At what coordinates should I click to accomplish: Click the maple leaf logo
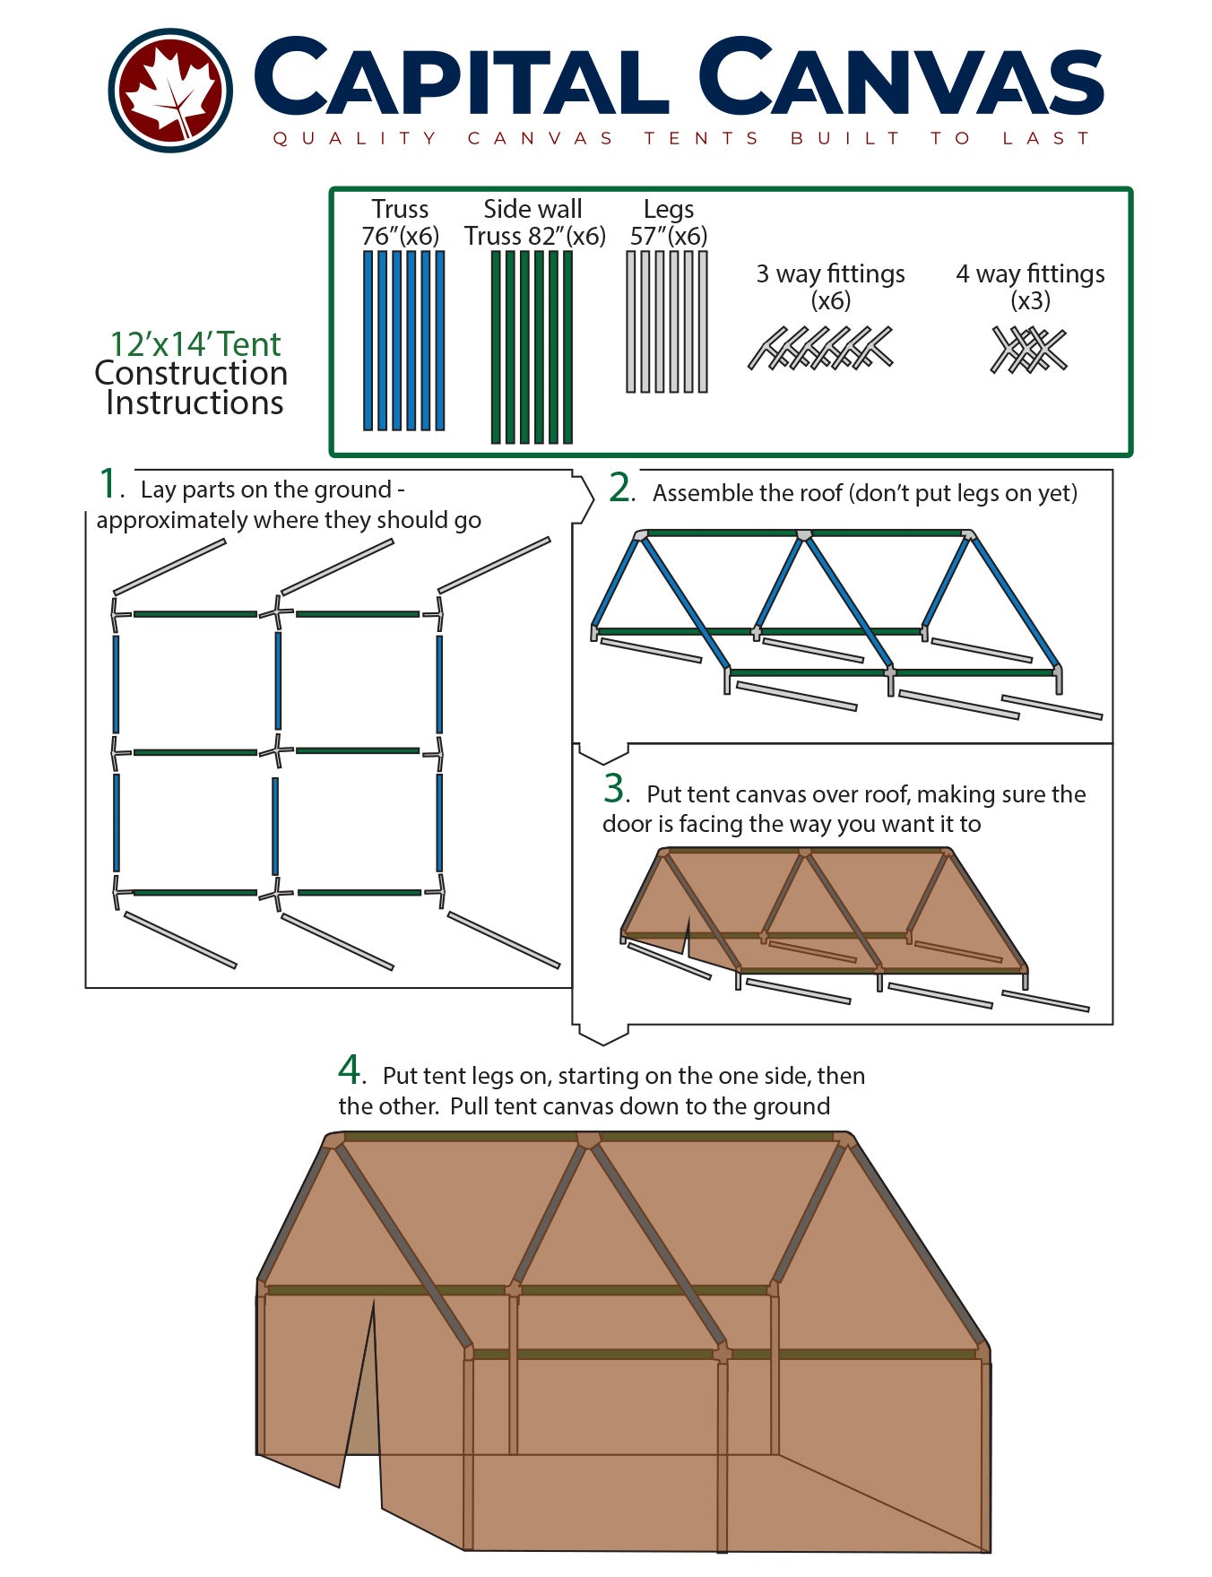(170, 90)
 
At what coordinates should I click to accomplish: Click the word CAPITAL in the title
(462, 79)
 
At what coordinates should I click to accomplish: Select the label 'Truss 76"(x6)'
(401, 222)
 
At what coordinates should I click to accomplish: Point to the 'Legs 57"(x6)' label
(668, 222)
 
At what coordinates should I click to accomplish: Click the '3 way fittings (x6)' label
(830, 286)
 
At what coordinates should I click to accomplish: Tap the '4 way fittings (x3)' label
(1030, 286)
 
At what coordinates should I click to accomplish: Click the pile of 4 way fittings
(1029, 350)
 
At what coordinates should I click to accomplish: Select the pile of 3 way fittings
(821, 349)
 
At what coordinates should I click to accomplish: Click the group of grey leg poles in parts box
(666, 322)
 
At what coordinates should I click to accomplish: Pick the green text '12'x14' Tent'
(195, 344)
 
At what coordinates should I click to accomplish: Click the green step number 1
(108, 484)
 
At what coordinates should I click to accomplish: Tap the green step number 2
(619, 488)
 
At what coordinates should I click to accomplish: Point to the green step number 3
(613, 789)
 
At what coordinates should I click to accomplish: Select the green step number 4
(349, 1070)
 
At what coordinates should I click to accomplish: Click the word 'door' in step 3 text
(628, 824)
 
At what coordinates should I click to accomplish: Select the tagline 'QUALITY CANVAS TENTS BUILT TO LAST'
(681, 138)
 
